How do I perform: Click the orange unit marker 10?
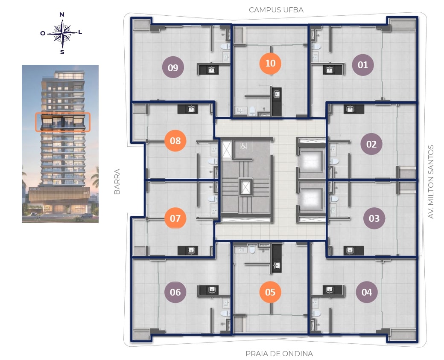pyautogui.click(x=270, y=64)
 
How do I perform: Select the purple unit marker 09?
pyautogui.click(x=173, y=67)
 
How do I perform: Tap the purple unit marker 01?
pyautogui.click(x=363, y=65)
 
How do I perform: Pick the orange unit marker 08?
pyautogui.click(x=175, y=140)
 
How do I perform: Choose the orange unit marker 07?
pyautogui.click(x=175, y=218)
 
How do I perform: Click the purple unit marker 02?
pyautogui.click(x=371, y=144)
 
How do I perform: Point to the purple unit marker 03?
pyautogui.click(x=374, y=218)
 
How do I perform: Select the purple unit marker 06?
pyautogui.click(x=175, y=292)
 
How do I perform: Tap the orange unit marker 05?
pyautogui.click(x=270, y=292)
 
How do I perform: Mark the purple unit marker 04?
pyautogui.click(x=367, y=292)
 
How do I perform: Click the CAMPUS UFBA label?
pyautogui.click(x=276, y=10)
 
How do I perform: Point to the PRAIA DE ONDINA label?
pyautogui.click(x=279, y=354)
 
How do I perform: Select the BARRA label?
pyautogui.click(x=117, y=181)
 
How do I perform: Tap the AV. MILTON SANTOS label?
pyautogui.click(x=431, y=182)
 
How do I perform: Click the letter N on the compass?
pyautogui.click(x=62, y=15)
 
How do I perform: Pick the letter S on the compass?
pyautogui.click(x=62, y=52)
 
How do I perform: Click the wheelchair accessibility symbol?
pyautogui.click(x=243, y=146)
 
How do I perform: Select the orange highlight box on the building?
pyautogui.click(x=63, y=122)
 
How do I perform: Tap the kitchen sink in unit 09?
pyautogui.click(x=211, y=70)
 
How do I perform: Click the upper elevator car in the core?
pyautogui.click(x=311, y=160)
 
